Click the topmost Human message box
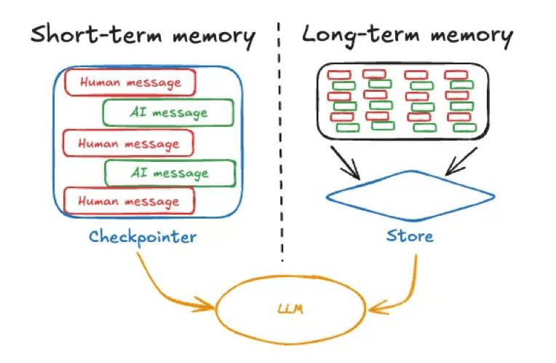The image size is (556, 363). [130, 82]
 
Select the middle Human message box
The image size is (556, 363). [128, 143]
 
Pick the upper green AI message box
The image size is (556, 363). [168, 112]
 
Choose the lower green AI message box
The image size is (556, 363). [170, 173]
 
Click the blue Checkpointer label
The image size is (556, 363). [143, 237]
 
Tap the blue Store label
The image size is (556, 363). [410, 236]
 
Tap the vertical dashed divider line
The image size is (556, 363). [281, 146]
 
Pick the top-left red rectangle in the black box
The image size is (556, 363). [339, 74]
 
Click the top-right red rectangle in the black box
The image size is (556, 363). [456, 74]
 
